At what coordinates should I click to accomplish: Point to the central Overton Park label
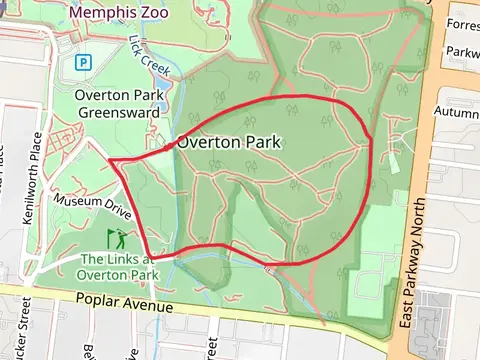click(229, 143)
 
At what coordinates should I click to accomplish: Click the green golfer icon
click(117, 239)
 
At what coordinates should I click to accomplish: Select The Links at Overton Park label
click(119, 266)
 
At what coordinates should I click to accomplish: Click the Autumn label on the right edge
click(458, 113)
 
